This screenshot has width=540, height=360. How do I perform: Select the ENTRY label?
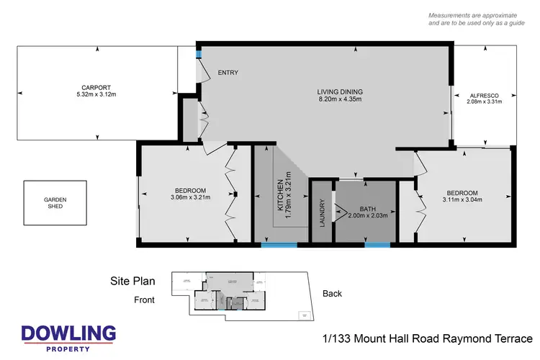coord(228,73)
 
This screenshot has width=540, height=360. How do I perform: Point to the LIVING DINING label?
coord(340,91)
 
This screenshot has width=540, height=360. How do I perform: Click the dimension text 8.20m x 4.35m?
coord(340,99)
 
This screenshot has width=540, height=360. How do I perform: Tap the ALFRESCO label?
coord(484,95)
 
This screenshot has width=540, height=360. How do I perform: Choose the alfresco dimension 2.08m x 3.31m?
coord(484,102)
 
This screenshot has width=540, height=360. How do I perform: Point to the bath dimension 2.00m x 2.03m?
coord(368,215)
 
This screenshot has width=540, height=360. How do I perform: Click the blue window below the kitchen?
coord(279,245)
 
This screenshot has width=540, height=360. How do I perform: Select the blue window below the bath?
coord(378,245)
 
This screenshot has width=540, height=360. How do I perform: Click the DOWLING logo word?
coord(68,333)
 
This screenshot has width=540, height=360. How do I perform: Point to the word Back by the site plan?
coord(332,294)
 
